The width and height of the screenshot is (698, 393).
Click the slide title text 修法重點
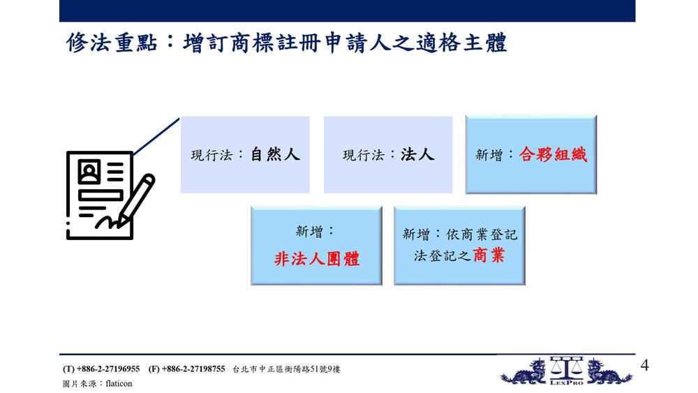(x=112, y=43)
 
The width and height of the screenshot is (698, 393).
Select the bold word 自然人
(x=275, y=154)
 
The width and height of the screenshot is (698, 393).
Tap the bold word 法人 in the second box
(x=417, y=154)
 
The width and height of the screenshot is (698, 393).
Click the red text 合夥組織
(x=553, y=154)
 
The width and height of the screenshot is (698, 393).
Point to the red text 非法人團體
(x=316, y=258)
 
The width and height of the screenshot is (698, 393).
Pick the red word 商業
(x=489, y=255)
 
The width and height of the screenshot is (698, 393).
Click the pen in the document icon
(x=137, y=200)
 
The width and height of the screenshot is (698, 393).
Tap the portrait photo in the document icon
(x=89, y=172)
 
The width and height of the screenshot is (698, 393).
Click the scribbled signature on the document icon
(x=107, y=222)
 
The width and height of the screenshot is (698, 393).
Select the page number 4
(x=644, y=365)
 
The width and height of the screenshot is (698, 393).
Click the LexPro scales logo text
(x=566, y=383)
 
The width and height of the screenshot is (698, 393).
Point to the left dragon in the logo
(x=524, y=372)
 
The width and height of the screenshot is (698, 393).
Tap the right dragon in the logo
(x=609, y=372)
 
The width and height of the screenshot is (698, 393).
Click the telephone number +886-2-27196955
(x=108, y=369)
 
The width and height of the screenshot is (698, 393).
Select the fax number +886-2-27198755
(x=193, y=369)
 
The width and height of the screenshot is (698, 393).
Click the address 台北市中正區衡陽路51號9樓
(x=286, y=369)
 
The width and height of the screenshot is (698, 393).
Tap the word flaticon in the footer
(x=119, y=383)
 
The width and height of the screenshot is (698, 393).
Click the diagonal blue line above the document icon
(x=156, y=137)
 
